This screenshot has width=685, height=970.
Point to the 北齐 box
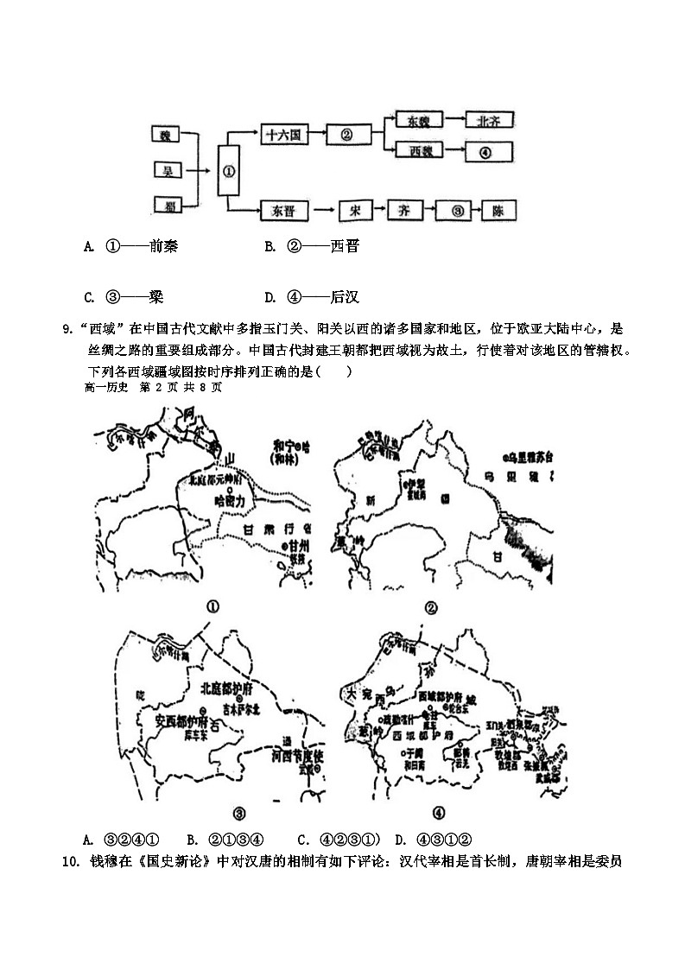point(489,122)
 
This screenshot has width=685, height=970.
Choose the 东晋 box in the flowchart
point(283,210)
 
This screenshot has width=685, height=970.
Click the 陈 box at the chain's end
point(497,210)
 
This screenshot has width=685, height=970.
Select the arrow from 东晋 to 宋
point(322,210)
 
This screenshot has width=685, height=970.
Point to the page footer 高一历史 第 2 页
point(153,388)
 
